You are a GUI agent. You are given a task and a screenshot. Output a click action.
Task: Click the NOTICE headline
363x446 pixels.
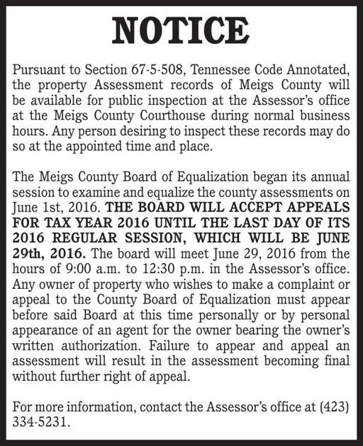tap(181, 30)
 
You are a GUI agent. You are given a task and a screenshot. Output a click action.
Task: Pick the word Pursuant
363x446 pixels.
tap(38, 69)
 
